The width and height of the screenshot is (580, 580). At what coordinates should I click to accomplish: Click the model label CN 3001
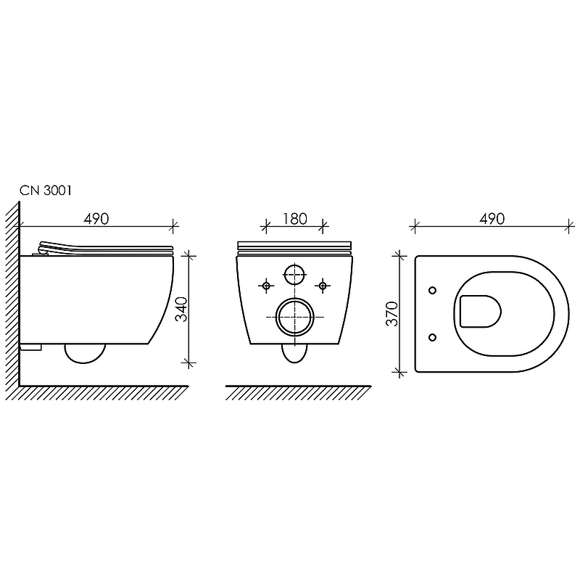[x=46, y=191]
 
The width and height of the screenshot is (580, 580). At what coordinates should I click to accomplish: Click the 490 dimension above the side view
[x=96, y=219]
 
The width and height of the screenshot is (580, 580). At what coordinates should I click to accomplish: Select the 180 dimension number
[x=295, y=219]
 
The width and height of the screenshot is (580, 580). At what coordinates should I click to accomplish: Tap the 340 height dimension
[x=181, y=309]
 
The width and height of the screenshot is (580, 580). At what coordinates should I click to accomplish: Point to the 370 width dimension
[x=391, y=314]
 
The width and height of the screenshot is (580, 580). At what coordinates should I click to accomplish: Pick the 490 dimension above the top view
[x=492, y=219]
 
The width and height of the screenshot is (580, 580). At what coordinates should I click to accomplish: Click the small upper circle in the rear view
[x=295, y=275]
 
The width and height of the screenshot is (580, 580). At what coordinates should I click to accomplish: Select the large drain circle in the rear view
[x=295, y=317]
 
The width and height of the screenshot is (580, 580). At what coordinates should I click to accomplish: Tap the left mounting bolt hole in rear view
[x=266, y=286]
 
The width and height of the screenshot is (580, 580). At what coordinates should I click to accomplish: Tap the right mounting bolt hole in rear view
[x=323, y=286]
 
